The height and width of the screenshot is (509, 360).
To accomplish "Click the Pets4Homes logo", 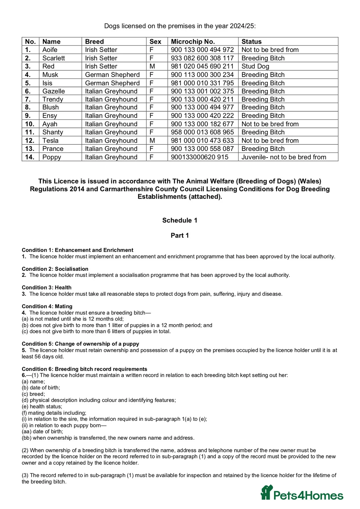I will coord(302,493).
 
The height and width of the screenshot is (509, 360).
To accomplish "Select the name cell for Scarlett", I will coord(54,58).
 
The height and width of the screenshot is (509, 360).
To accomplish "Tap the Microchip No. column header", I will coord(193,42).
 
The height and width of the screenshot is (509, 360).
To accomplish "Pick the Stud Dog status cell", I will coord(255,66).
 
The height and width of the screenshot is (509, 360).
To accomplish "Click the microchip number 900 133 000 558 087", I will coord(202,149).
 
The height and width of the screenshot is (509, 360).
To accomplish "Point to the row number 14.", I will coord(30,157).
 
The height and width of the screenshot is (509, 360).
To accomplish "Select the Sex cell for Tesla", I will coord(152,141).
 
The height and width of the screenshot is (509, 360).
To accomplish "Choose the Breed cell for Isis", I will coord(112,83).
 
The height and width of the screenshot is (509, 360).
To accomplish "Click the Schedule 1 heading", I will coord(180,220).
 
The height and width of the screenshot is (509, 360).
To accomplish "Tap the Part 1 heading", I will coord(180,236).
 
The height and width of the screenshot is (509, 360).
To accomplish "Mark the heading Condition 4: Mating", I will coord(47,306).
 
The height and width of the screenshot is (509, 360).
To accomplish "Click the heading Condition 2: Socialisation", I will coord(55,269).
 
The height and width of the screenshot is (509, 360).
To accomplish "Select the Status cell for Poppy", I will coord(284,157).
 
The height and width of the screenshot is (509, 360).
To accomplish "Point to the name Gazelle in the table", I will coord(54,91).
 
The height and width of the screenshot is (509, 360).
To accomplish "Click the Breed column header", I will coord(94,42).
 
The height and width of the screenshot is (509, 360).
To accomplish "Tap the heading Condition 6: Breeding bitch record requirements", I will coord(84,369).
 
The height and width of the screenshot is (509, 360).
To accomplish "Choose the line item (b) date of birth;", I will coord(41,388).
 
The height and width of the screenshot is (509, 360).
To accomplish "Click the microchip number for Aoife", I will coord(202,50).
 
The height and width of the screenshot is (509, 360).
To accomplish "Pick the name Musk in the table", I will coord(50,75).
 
